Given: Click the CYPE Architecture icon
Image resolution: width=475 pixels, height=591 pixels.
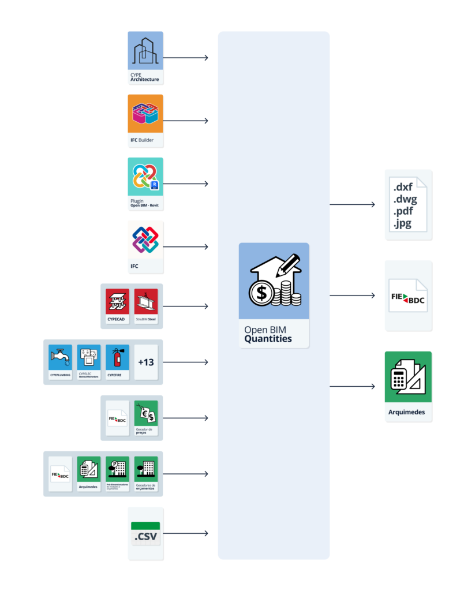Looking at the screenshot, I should [x=145, y=51].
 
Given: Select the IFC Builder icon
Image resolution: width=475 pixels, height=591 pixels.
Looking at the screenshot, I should [x=145, y=114].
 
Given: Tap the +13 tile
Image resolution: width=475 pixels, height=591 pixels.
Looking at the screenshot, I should [x=145, y=362].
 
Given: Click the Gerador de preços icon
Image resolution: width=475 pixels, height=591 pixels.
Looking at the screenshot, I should [x=145, y=414].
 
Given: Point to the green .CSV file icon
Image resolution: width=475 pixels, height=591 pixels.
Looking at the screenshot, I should [x=145, y=534].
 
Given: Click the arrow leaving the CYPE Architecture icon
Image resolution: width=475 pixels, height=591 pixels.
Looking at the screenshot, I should [x=185, y=58].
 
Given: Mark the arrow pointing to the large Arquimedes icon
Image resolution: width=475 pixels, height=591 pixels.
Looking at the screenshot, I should [x=352, y=386].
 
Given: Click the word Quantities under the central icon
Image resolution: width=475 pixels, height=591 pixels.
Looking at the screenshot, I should [x=268, y=339].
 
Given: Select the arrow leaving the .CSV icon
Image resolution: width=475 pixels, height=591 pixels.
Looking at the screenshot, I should [x=185, y=533].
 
